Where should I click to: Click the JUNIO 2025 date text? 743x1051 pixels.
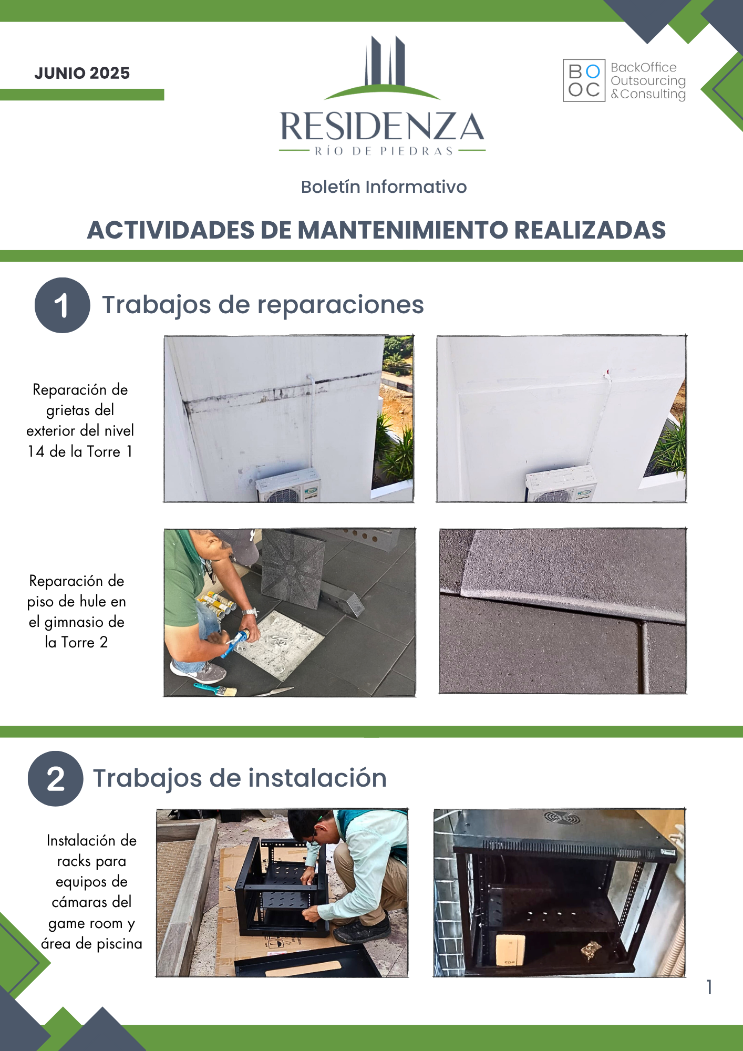[x=82, y=73]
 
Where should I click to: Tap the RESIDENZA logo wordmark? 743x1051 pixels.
[x=383, y=127]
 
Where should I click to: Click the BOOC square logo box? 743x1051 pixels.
[x=584, y=80]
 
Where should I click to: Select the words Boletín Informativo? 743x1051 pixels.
[x=384, y=187]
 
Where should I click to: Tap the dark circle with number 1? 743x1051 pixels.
[x=62, y=305]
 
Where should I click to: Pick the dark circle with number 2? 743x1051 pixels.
[x=55, y=779]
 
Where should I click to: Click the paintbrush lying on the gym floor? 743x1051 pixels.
[x=214, y=688]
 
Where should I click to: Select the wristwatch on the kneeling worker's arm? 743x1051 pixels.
[x=250, y=612]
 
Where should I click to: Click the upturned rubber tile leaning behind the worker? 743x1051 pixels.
[x=292, y=569]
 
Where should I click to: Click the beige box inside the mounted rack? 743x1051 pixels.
[x=510, y=950]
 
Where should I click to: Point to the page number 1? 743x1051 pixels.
[x=709, y=987]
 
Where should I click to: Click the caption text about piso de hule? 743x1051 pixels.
[x=76, y=612]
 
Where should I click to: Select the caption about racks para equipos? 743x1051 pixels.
[x=91, y=892]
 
